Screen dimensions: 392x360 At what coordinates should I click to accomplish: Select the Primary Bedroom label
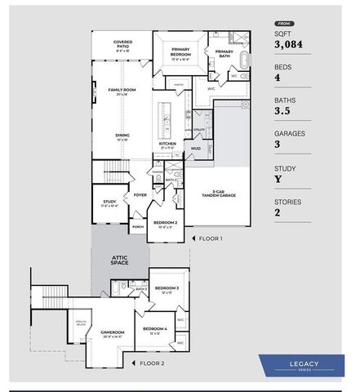coord(180,53)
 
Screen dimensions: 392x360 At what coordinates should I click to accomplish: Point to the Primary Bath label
coord(224,53)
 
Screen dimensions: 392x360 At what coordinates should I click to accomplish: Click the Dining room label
coord(122,136)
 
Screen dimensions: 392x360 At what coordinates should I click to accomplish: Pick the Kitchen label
coord(167,145)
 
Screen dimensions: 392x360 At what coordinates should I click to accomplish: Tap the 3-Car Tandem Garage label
coord(218,194)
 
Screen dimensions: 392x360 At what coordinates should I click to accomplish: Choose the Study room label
coord(109,203)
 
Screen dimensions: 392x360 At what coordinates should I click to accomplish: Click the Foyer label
coord(140,195)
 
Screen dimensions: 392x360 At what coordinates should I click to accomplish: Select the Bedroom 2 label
coord(166,223)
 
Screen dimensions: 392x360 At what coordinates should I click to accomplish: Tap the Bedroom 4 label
coord(154,329)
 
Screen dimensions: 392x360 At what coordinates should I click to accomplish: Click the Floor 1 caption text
coord(210,238)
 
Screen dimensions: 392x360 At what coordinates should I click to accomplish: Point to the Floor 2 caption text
coord(152,363)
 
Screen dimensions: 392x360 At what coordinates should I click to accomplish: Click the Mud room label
coord(196,149)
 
